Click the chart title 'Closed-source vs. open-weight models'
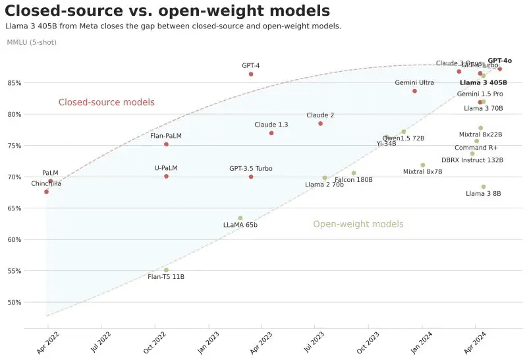(x=167, y=11)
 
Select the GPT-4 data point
(x=251, y=74)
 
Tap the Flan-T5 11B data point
(x=166, y=270)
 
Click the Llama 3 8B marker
(x=484, y=187)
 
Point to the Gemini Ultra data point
(x=414, y=91)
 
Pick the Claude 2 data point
(x=320, y=123)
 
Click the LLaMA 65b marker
(x=240, y=218)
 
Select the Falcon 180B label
(x=354, y=180)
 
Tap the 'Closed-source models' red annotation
(x=106, y=102)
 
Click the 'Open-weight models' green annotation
(x=358, y=224)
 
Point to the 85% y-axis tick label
(x=14, y=83)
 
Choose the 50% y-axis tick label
(x=14, y=302)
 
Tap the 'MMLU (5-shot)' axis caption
(x=32, y=42)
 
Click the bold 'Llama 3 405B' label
(x=483, y=83)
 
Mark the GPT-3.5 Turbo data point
(x=251, y=177)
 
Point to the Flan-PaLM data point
(x=166, y=144)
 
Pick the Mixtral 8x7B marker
(x=422, y=165)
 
